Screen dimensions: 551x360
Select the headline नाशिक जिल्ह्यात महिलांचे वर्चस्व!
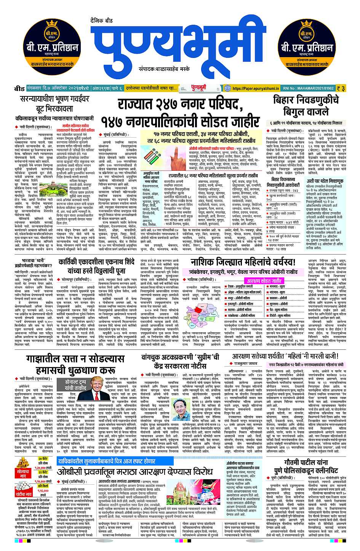click(x=243, y=263)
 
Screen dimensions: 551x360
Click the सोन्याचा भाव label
click(x=22, y=471)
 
